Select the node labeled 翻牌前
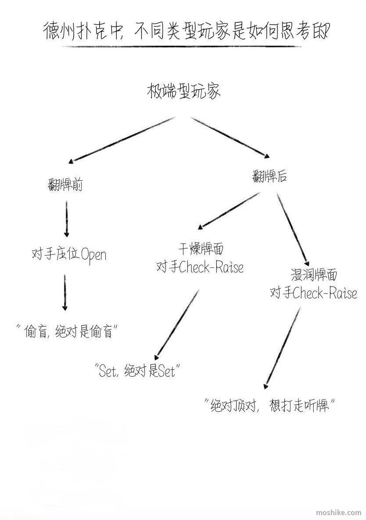point(65,184)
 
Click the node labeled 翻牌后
point(269,176)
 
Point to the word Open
point(94,255)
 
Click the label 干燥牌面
point(201,249)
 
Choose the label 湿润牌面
point(314,275)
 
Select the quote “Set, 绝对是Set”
point(137,371)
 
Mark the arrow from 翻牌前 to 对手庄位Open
point(66,219)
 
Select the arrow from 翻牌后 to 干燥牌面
point(229,211)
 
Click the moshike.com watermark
point(339,513)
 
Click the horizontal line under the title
point(182,47)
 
